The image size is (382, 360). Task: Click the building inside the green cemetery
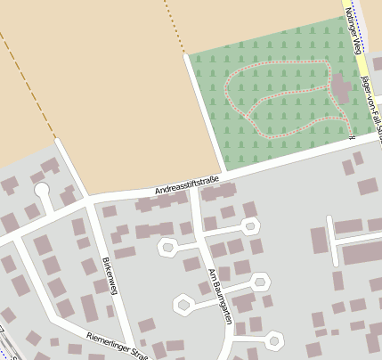pos(340,88)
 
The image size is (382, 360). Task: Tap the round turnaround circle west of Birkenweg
pos(41,189)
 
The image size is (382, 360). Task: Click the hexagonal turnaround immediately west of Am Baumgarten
pos(167,247)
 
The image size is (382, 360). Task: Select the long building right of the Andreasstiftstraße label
pos(219,192)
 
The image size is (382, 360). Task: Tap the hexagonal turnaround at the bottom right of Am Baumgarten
pos(274,340)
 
